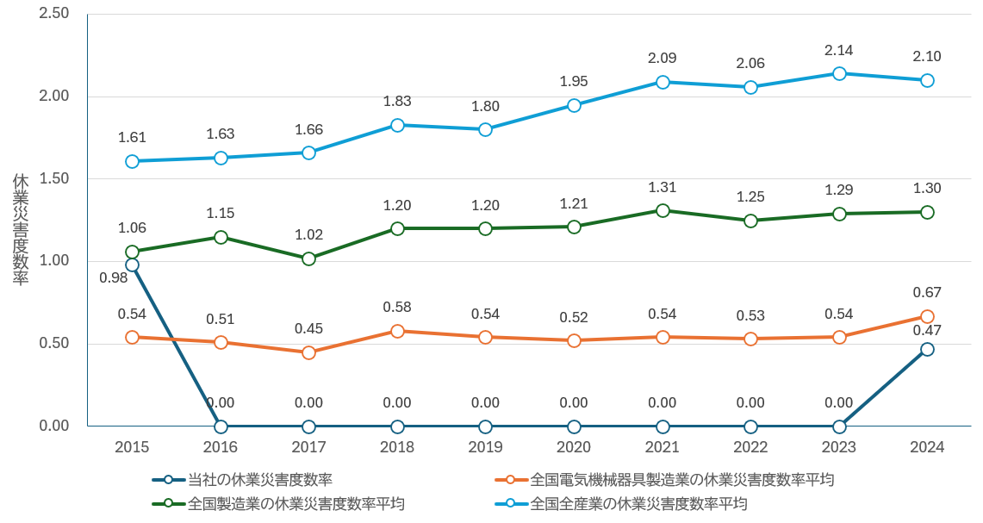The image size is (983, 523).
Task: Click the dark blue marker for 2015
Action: pyautogui.click(x=132, y=265)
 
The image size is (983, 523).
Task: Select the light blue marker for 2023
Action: pyautogui.click(x=839, y=73)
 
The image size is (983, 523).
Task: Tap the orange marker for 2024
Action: pyautogui.click(x=927, y=316)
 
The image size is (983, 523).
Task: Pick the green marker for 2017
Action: pyautogui.click(x=308, y=258)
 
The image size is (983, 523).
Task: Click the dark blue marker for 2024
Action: pyautogui.click(x=927, y=349)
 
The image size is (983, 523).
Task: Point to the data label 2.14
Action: pyautogui.click(x=839, y=49)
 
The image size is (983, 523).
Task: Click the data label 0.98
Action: pyautogui.click(x=114, y=277)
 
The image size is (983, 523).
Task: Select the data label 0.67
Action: pyautogui.click(x=927, y=292)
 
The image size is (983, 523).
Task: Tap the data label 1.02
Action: pyautogui.click(x=308, y=234)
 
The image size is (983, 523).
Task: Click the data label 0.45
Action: pyautogui.click(x=308, y=328)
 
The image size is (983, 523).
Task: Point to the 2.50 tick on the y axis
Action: pyautogui.click(x=54, y=14)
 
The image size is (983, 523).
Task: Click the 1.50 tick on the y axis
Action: pyautogui.click(x=54, y=178)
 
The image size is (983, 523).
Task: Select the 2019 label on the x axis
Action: pyautogui.click(x=485, y=447)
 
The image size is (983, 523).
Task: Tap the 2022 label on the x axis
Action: pyautogui.click(x=750, y=447)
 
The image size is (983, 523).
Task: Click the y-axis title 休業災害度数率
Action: pyautogui.click(x=21, y=229)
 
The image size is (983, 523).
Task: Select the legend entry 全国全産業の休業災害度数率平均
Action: pyautogui.click(x=638, y=503)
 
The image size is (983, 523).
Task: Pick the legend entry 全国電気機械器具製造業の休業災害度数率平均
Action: pyautogui.click(x=681, y=480)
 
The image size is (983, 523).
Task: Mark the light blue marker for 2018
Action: pyautogui.click(x=397, y=125)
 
